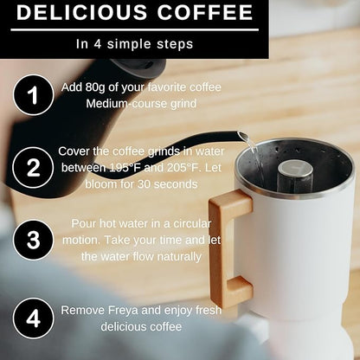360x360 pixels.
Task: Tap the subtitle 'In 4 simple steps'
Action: tap(133, 42)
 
